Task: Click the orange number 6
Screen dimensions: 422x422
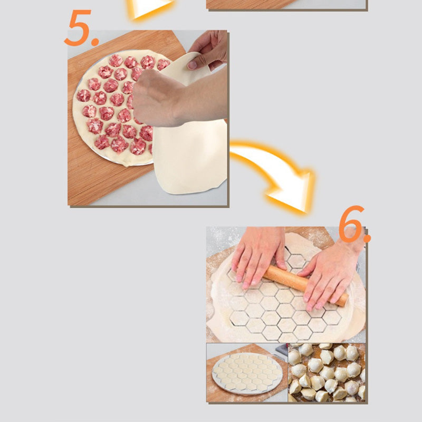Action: [349, 225]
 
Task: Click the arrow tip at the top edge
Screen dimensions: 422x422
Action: [150, 7]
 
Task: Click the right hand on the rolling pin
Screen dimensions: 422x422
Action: [332, 274]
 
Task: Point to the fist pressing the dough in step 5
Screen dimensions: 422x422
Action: [158, 98]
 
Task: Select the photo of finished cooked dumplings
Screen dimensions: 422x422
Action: [326, 372]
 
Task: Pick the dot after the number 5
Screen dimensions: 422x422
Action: [95, 41]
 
